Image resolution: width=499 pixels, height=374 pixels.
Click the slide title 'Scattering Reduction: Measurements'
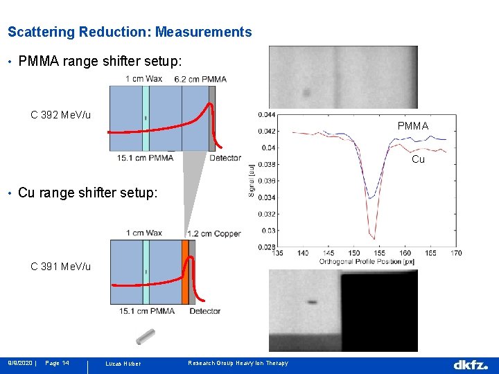tap(130, 32)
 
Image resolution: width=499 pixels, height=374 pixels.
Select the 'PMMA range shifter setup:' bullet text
tap(100, 62)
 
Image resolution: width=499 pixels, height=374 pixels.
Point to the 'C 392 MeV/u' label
tap(61, 114)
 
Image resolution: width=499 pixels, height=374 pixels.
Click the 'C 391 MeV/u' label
tap(60, 267)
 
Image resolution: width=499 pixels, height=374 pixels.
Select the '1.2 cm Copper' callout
tap(213, 233)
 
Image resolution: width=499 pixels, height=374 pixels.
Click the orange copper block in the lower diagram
tap(185, 271)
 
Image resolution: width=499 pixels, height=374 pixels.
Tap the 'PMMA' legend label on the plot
tap(413, 126)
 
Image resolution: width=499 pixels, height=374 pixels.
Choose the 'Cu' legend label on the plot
tap(418, 159)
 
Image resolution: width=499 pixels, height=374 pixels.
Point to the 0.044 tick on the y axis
tap(265, 114)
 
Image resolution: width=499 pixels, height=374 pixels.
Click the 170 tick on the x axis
tap(456, 253)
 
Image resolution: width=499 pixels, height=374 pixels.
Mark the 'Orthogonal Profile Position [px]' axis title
tap(366, 262)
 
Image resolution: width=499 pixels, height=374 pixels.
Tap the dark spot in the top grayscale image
tap(306, 91)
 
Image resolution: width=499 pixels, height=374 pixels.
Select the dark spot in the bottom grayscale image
tap(312, 302)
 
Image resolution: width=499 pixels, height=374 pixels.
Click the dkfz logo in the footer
tap(471, 364)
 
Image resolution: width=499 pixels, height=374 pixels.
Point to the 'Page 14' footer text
tap(57, 364)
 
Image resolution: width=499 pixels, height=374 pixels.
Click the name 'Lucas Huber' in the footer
tap(123, 364)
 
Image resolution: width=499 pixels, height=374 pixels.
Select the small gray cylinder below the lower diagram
tap(146, 337)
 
